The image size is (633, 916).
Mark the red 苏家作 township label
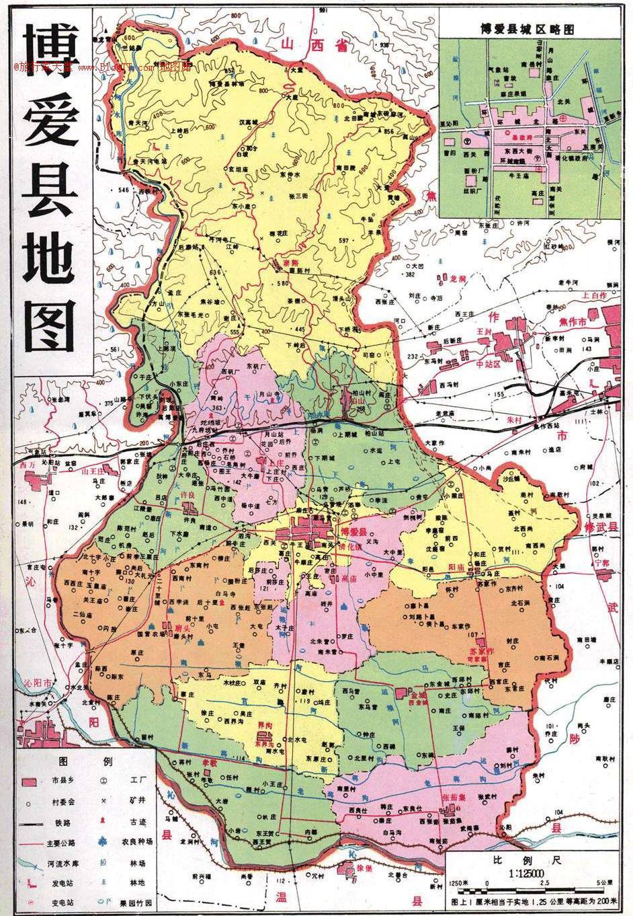(482, 652)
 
